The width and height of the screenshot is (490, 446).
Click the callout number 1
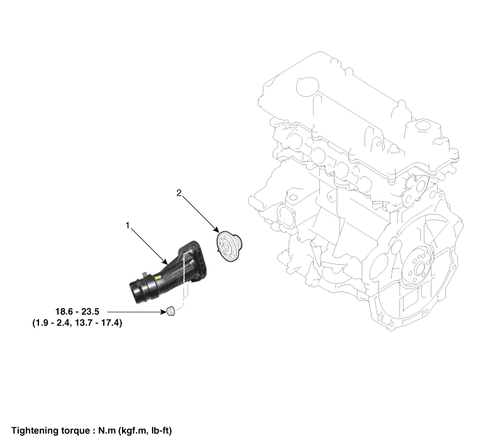[x=128, y=225]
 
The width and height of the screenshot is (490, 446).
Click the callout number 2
[x=178, y=193]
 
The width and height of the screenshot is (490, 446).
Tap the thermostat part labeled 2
[x=229, y=246]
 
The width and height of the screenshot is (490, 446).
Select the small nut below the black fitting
[x=171, y=312]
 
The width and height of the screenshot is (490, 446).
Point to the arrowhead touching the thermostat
[x=216, y=229]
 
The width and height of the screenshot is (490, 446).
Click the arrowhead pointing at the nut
[x=163, y=312]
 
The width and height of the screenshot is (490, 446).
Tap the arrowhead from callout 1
[x=164, y=261]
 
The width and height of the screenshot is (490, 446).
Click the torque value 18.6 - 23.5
[x=77, y=312]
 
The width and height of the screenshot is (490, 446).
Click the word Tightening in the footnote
[x=33, y=431]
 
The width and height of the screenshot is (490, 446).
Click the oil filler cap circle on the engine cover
[x=307, y=86]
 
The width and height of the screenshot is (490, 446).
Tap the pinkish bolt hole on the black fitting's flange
[x=191, y=250]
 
